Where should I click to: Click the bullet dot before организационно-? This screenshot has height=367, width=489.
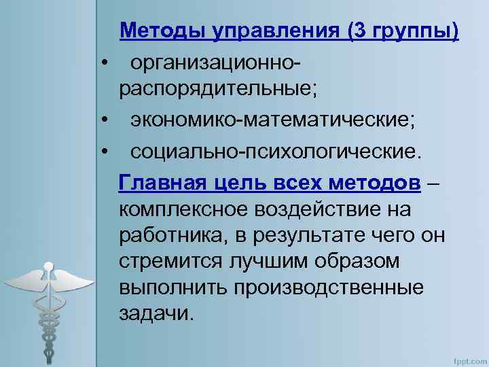[x=106, y=63]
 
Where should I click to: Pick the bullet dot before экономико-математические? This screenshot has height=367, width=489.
[x=106, y=121]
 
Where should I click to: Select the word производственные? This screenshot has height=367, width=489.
[x=329, y=287]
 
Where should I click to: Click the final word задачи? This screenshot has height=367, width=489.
[x=156, y=314]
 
